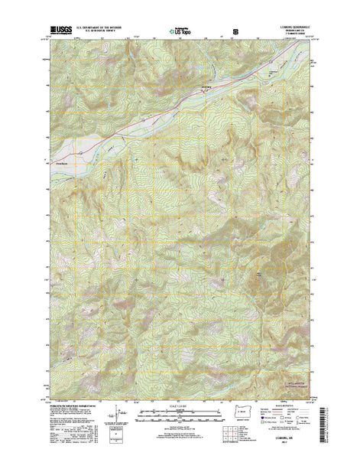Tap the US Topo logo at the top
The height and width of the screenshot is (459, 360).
[x=180, y=33]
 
